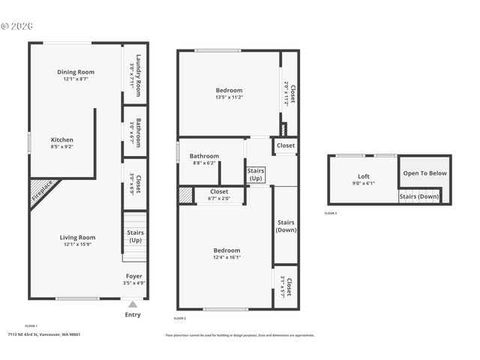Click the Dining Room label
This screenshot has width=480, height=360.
[x=76, y=72]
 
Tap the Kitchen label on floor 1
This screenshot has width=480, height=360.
[x=62, y=140]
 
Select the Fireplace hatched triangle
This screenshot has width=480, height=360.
[x=40, y=192]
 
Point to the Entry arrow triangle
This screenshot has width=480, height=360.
[x=133, y=304]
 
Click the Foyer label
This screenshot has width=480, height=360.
[x=133, y=276]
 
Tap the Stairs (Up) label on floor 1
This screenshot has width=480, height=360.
[x=135, y=236]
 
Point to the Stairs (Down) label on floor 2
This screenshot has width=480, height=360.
[x=286, y=226]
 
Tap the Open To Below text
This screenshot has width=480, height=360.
[x=424, y=173]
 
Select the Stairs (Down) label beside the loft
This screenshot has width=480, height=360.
[x=418, y=196]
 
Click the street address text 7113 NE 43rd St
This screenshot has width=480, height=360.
[x=43, y=334]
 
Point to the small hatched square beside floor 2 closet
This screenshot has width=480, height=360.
[x=184, y=195]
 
